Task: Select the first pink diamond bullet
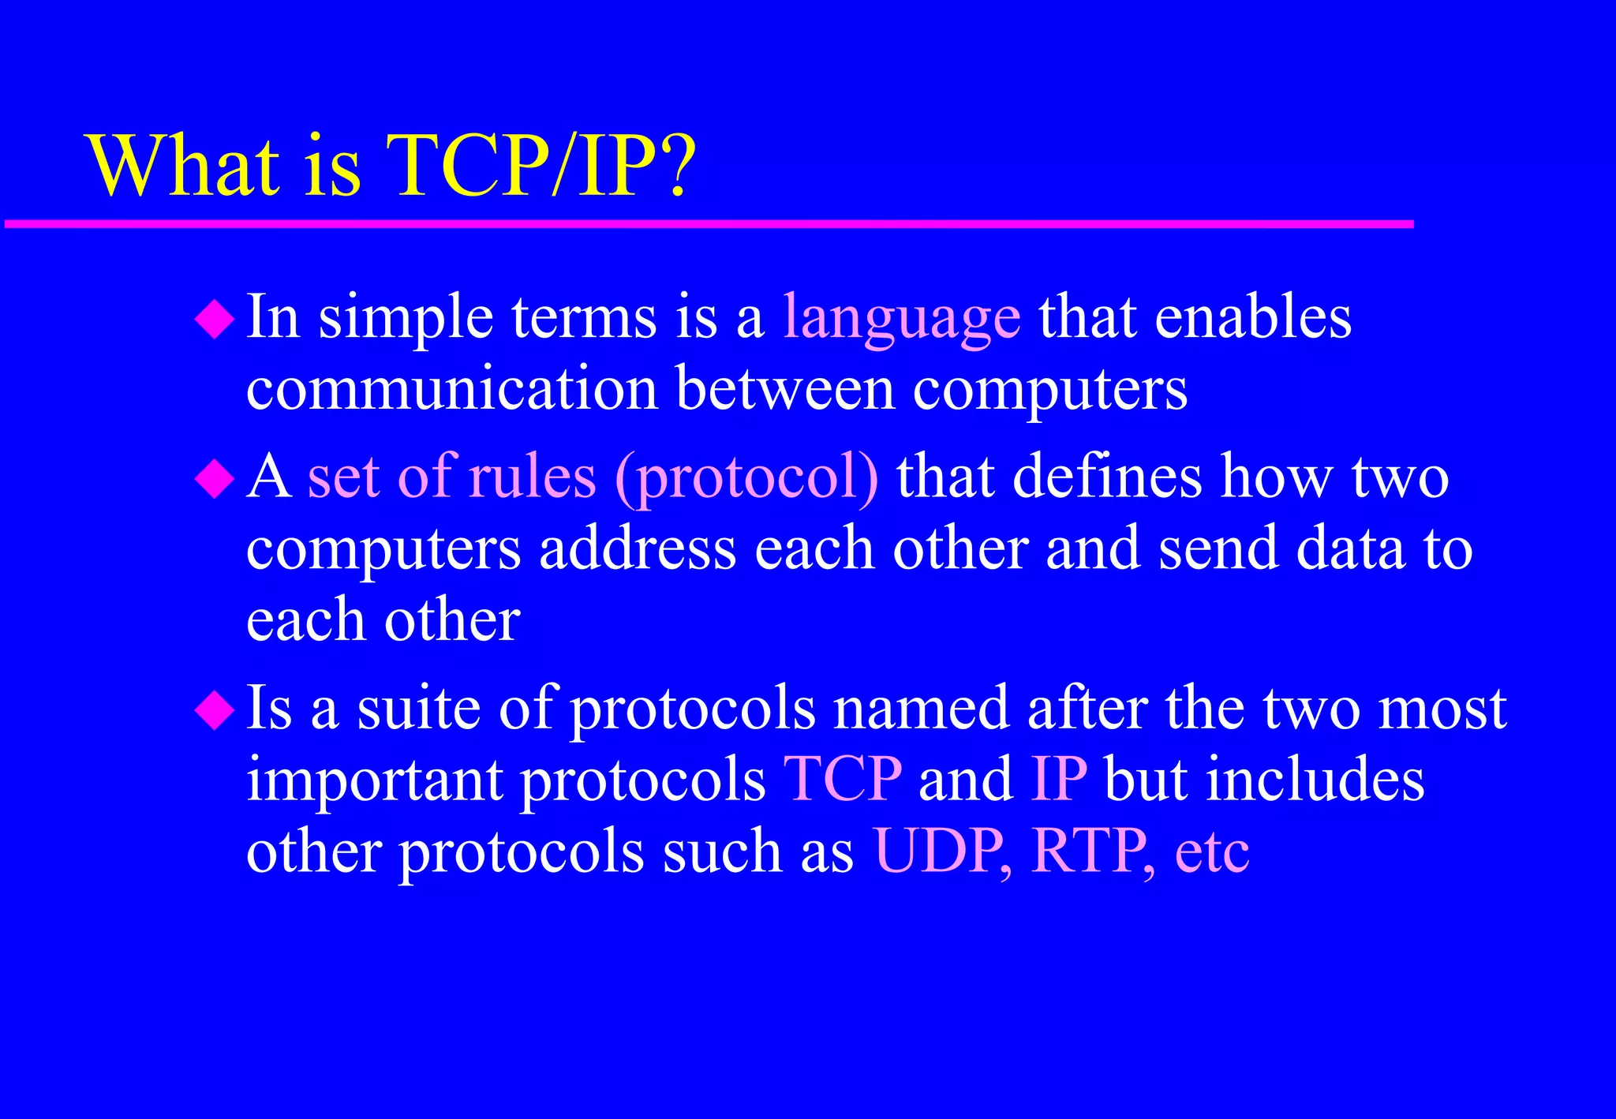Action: coord(215,320)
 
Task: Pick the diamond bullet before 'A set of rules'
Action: coord(215,479)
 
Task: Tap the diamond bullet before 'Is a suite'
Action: coord(215,709)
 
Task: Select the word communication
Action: coord(452,389)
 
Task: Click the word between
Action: coord(785,389)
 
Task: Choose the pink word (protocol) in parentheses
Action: coord(746,479)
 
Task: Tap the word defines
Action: coord(1108,477)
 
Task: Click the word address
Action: coord(638,549)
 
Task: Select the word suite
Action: coord(418,708)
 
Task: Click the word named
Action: coord(922,708)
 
